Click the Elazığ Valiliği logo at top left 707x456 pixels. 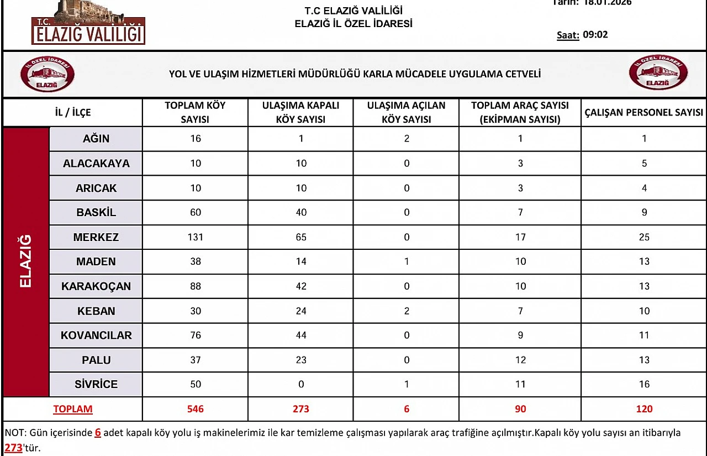(x=88, y=25)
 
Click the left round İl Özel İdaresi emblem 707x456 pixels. (x=48, y=74)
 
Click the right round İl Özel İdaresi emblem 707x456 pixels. (x=658, y=73)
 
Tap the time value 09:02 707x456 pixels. (x=595, y=35)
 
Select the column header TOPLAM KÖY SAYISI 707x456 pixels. (x=195, y=112)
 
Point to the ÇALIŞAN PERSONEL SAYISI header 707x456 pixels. (x=643, y=112)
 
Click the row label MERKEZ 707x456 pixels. (x=96, y=237)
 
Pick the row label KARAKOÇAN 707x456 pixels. (x=96, y=286)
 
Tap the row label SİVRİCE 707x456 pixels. (x=96, y=384)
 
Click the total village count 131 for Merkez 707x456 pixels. (x=195, y=237)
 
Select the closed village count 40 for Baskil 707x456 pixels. (x=300, y=212)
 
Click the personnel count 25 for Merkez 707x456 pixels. (x=644, y=237)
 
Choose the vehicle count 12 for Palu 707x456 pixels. (x=520, y=360)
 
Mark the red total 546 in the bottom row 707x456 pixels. (x=195, y=409)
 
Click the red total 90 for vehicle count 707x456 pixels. (x=520, y=409)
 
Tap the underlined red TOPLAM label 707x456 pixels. (x=73, y=409)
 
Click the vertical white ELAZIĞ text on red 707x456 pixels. (x=26, y=261)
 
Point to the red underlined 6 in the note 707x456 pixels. (x=98, y=433)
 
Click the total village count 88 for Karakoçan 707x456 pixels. (x=195, y=286)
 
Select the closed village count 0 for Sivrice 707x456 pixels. (x=300, y=384)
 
